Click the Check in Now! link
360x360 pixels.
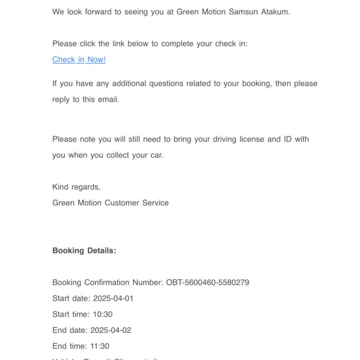click(79, 60)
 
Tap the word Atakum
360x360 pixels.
click(275, 12)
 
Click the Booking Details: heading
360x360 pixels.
click(84, 250)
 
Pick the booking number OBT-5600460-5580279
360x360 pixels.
click(208, 282)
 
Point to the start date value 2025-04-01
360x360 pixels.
click(113, 298)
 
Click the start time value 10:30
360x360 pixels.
click(103, 314)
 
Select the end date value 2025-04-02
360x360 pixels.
click(111, 330)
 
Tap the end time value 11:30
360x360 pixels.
click(99, 346)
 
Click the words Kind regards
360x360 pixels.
click(76, 187)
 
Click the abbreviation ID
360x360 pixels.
click(287, 139)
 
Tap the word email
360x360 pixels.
click(108, 99)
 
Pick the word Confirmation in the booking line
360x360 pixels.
click(106, 282)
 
